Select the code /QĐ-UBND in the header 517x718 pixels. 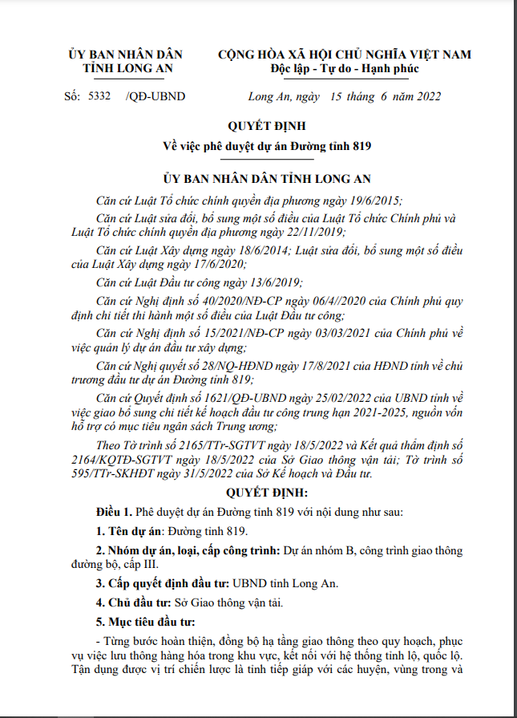(156, 97)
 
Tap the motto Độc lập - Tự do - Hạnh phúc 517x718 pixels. (345, 69)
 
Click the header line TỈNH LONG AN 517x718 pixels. (126, 69)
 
